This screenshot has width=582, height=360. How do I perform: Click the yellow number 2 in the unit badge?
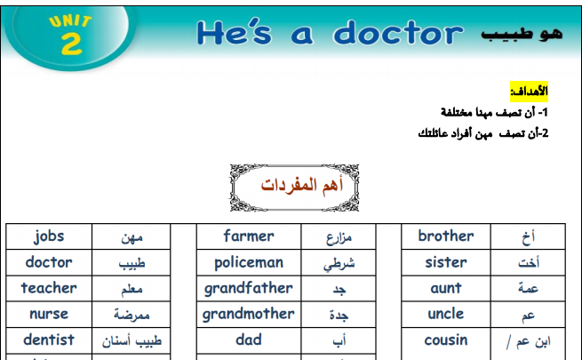point(71,43)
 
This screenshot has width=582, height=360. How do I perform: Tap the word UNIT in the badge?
point(70,21)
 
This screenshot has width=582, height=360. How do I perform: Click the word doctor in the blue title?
point(398,33)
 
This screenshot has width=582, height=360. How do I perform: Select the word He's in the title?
point(235,33)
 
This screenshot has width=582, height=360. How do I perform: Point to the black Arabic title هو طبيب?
point(522,34)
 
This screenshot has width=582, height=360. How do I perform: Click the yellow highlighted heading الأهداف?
point(529,92)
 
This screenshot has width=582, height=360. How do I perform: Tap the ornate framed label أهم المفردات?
point(294,188)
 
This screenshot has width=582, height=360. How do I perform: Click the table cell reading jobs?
point(49,236)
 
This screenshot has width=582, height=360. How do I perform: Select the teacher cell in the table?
point(49,288)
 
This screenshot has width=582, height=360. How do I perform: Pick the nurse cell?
point(49,315)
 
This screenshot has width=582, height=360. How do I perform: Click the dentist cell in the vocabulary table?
point(49,340)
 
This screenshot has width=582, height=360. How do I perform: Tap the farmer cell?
point(249,236)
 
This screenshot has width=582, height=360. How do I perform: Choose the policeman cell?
point(249,262)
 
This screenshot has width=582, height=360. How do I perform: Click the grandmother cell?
point(249,315)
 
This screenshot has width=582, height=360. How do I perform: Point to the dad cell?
point(249,340)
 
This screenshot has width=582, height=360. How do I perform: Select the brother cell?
point(446,236)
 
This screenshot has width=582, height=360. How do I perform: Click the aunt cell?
point(446,288)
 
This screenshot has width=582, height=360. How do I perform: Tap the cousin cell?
point(446,340)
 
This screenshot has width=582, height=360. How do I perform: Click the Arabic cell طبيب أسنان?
point(131,340)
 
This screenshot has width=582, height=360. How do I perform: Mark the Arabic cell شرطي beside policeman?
point(339,262)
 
